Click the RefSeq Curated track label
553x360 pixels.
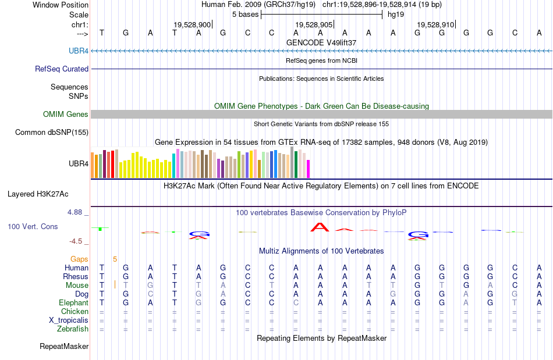click(62, 69)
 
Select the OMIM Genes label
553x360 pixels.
click(66, 115)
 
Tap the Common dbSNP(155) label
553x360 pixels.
click(52, 133)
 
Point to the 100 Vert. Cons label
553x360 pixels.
click(33, 226)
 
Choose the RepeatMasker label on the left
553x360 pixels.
click(64, 347)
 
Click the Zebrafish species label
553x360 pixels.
click(73, 329)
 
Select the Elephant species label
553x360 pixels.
click(73, 302)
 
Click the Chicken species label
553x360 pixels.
click(75, 312)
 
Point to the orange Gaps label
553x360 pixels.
click(79, 259)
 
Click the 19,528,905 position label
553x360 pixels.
click(314, 24)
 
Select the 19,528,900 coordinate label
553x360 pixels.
click(192, 24)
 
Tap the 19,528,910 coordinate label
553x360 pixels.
click(435, 24)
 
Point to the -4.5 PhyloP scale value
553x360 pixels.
click(76, 241)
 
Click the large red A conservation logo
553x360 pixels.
click(320, 227)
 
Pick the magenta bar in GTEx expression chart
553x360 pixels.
click(308, 169)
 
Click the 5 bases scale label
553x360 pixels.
click(245, 14)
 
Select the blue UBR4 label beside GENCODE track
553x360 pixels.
click(79, 51)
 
